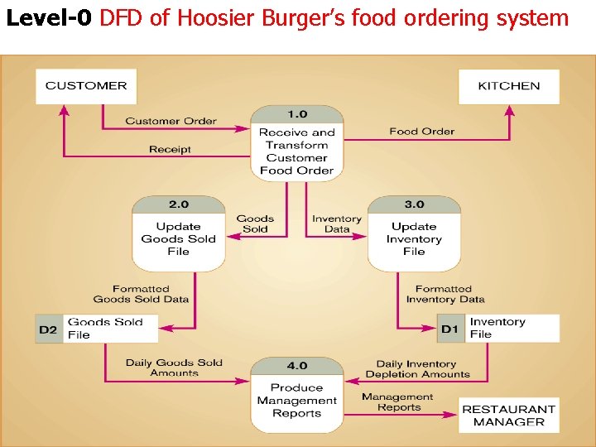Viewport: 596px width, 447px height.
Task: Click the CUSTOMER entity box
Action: click(x=86, y=86)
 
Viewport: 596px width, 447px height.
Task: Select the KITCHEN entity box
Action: click(x=508, y=86)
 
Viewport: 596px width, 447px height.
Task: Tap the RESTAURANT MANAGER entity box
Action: click(x=508, y=415)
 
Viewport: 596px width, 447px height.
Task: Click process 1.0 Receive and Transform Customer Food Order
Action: click(x=296, y=143)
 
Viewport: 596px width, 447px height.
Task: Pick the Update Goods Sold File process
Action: click(x=178, y=234)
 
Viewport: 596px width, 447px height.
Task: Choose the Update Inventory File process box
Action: click(x=414, y=234)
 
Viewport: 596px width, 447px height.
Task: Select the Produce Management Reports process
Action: click(x=296, y=395)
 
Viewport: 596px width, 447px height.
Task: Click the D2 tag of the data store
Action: click(x=48, y=329)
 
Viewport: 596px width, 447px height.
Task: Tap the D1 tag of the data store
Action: click(x=449, y=329)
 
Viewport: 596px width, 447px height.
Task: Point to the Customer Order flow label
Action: click(x=171, y=121)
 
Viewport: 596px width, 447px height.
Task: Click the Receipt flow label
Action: click(x=170, y=149)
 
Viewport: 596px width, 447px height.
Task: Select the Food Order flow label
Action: click(x=421, y=131)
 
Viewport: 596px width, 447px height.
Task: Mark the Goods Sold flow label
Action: click(x=255, y=223)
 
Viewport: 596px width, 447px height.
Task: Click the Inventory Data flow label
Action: click(x=337, y=223)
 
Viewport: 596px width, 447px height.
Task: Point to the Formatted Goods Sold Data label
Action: click(x=141, y=294)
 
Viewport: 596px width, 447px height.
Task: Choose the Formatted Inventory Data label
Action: click(x=445, y=294)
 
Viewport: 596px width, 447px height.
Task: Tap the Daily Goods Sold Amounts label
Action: click(x=174, y=368)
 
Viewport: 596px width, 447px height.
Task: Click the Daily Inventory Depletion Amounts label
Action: click(x=417, y=368)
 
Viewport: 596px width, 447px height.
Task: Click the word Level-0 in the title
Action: click(x=49, y=18)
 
